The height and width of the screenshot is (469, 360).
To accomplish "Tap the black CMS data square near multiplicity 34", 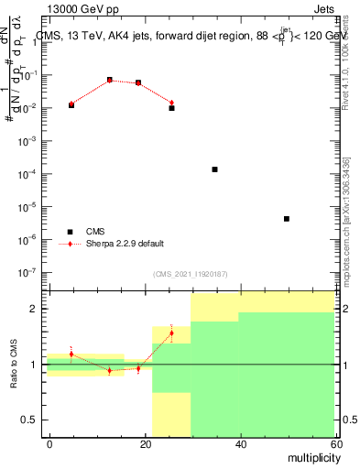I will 214,169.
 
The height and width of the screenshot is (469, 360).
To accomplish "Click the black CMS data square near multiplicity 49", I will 287,219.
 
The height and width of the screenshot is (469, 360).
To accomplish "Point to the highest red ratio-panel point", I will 171,333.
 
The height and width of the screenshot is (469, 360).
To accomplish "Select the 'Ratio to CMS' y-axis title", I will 14,365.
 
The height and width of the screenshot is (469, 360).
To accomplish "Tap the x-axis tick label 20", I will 145,442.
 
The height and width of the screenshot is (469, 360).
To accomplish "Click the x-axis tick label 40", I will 240,442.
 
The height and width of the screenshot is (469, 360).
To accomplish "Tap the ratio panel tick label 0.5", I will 32,420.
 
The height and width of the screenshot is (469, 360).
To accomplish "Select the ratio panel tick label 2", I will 38,310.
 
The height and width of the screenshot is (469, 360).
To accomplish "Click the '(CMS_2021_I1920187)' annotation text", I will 191,275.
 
